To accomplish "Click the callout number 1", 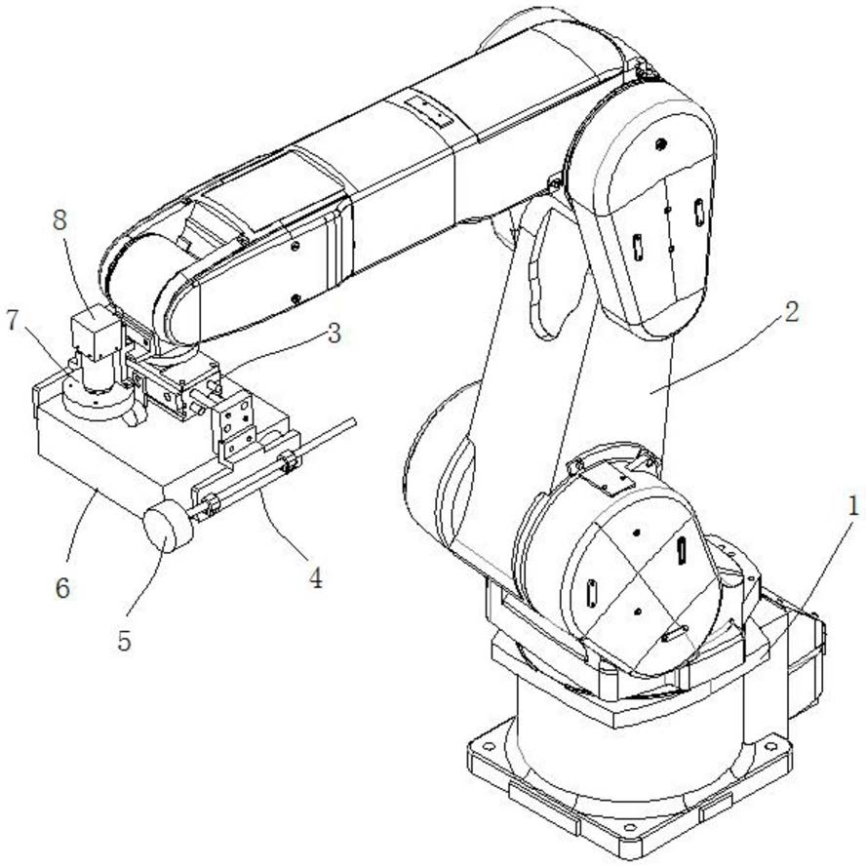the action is point(852,506).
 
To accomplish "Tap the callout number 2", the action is point(792,313).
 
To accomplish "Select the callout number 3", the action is point(334,335).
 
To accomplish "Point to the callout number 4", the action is point(315,578).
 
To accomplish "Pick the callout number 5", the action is point(124,641).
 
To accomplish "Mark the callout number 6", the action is point(62,588).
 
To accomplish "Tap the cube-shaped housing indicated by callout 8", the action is point(96,325).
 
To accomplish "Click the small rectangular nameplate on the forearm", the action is point(428,110).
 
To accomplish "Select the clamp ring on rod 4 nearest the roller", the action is point(212,505).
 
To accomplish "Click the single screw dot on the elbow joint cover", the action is point(659,145).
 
